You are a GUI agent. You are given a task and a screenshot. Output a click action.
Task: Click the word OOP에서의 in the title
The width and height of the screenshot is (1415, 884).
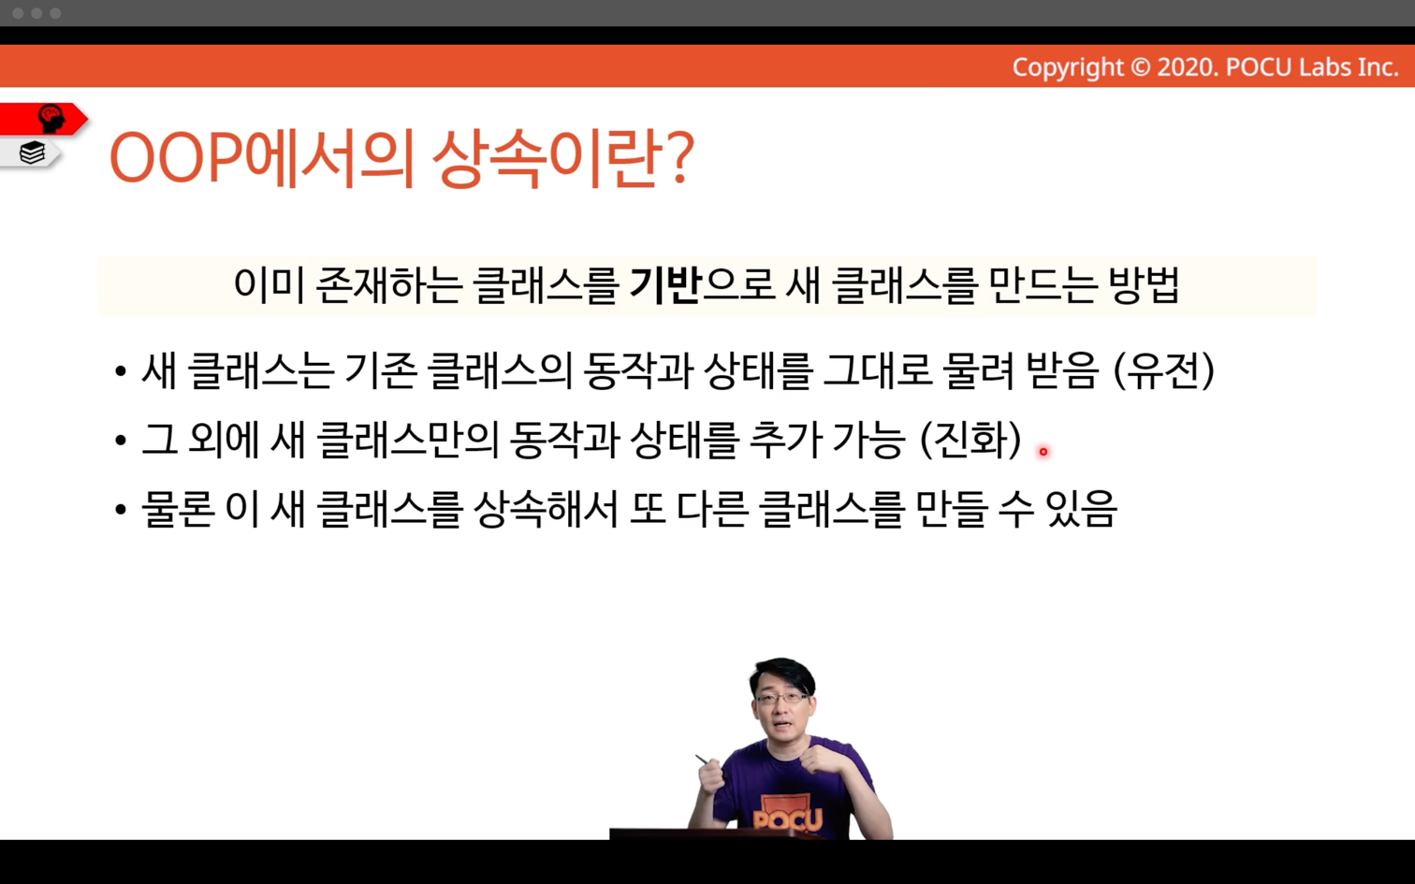(x=261, y=158)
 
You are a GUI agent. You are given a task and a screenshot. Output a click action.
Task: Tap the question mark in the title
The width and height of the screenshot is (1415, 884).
(x=679, y=158)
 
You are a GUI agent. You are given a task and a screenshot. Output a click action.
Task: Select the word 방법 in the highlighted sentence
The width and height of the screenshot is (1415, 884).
(x=1144, y=285)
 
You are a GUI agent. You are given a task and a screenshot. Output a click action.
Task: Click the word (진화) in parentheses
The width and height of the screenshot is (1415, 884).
(x=970, y=440)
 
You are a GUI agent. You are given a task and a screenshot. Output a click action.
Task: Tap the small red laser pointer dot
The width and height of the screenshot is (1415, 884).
(x=1043, y=452)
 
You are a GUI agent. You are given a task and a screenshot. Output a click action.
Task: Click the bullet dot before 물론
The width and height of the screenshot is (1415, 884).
(x=121, y=510)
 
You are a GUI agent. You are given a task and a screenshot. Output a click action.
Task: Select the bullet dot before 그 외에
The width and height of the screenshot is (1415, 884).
(x=121, y=440)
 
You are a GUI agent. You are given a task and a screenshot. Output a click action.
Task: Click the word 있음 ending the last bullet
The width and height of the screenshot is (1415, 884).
(x=1081, y=509)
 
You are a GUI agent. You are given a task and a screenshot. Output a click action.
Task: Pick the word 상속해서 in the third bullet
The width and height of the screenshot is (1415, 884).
(x=546, y=509)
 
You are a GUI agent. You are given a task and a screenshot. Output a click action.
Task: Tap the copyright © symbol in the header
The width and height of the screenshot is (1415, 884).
(x=1140, y=67)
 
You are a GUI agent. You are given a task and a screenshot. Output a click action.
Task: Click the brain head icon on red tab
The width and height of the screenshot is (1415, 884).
(x=51, y=119)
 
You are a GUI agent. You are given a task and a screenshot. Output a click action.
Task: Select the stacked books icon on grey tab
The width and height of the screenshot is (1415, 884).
(x=32, y=152)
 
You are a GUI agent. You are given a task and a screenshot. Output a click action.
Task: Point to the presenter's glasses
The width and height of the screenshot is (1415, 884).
(x=782, y=699)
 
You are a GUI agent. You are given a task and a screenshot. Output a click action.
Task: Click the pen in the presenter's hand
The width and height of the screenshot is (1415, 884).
(x=705, y=761)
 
